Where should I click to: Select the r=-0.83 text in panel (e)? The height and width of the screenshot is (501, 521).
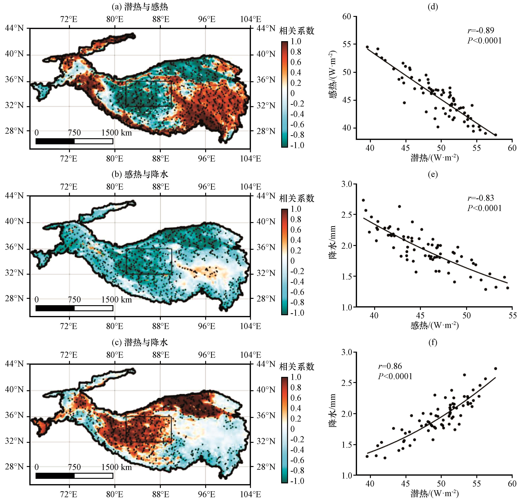click(481, 198)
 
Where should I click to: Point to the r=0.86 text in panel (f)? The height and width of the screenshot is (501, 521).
click(390, 366)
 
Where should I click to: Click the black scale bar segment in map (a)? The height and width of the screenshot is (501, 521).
click(55, 141)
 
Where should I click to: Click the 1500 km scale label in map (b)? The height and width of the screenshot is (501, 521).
click(116, 300)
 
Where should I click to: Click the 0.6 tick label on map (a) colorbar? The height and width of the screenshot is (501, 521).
click(296, 62)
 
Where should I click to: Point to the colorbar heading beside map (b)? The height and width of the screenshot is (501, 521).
click(297, 198)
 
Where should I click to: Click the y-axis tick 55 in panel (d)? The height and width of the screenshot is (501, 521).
click(347, 44)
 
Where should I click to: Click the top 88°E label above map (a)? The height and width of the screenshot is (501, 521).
click(160, 19)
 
